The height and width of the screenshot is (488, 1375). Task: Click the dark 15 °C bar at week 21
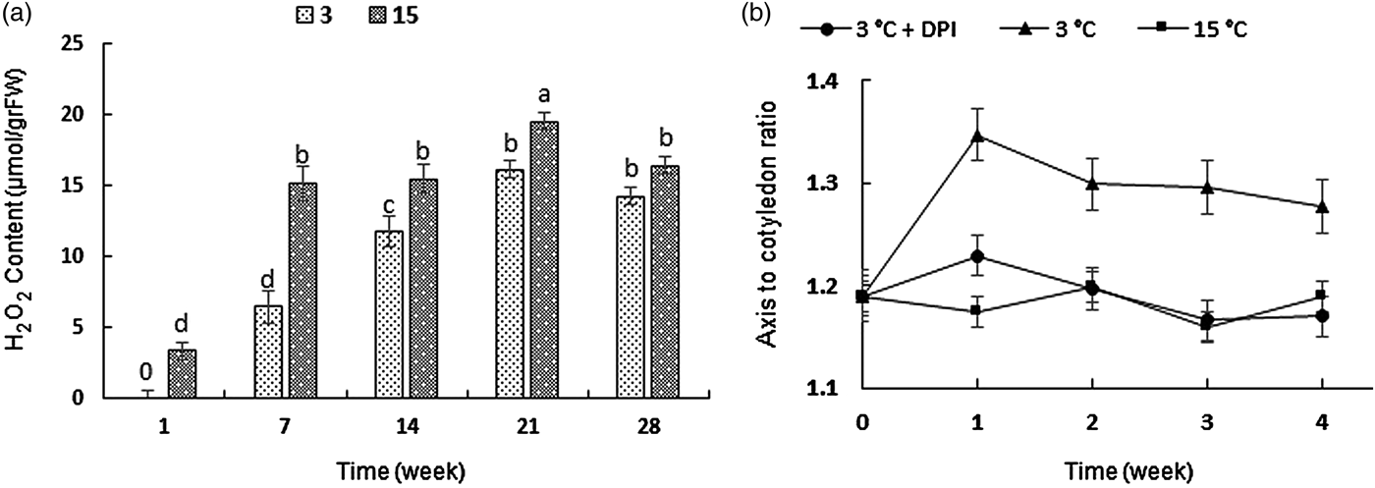coord(543,260)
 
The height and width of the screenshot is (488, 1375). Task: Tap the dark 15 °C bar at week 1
coord(182,374)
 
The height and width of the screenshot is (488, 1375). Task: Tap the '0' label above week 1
coord(144,372)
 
